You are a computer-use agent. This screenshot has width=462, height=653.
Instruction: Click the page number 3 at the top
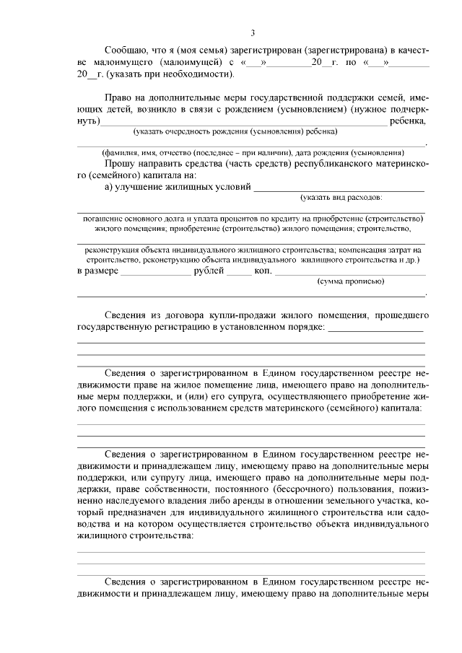[x=253, y=32]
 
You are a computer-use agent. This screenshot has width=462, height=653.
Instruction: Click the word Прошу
[x=119, y=164]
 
